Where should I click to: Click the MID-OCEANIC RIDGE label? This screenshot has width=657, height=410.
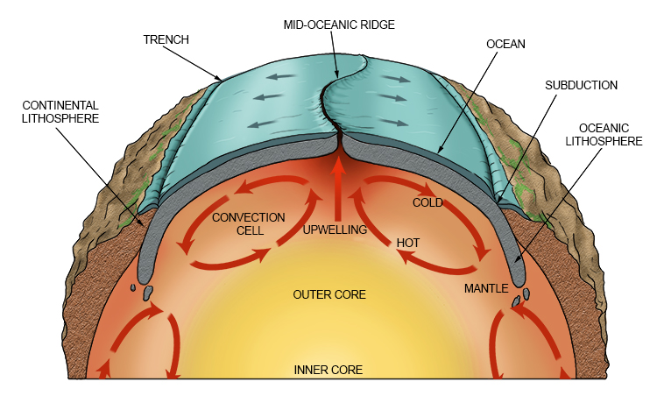pos(338,25)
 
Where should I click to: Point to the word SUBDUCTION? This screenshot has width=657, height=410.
pos(581,85)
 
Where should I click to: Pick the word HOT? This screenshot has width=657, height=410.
pos(409,242)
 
